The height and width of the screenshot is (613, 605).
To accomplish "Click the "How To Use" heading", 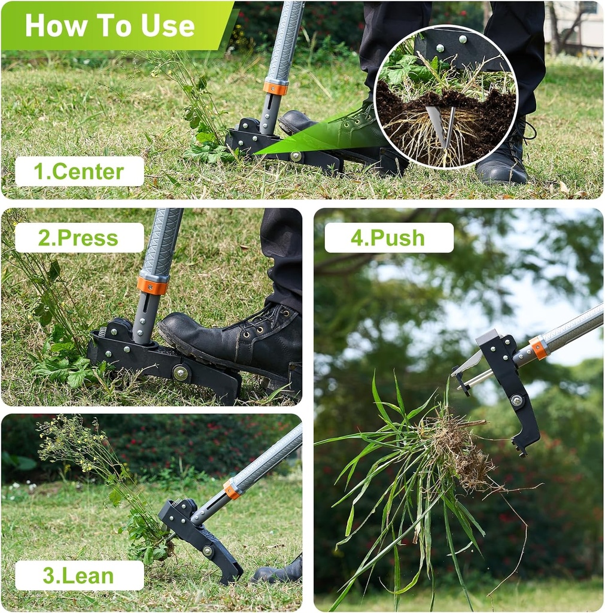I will pyautogui.click(x=110, y=26).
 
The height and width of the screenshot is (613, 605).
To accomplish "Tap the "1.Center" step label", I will pyautogui.click(x=79, y=172).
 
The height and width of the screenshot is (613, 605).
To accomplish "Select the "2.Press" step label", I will pyautogui.click(x=78, y=238).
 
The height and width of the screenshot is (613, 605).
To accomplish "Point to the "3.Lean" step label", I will pyautogui.click(x=78, y=575).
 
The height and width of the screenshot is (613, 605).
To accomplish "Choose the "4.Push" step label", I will pyautogui.click(x=388, y=238).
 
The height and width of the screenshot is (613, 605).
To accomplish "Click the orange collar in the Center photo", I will pyautogui.click(x=275, y=87).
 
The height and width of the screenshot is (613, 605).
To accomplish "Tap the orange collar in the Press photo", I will pyautogui.click(x=152, y=285).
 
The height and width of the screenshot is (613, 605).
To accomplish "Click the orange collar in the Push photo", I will pyautogui.click(x=538, y=348).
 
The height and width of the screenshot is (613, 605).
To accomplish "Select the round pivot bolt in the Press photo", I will pyautogui.click(x=180, y=373).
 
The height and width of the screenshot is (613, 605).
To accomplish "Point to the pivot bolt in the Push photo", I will pyautogui.click(x=516, y=400).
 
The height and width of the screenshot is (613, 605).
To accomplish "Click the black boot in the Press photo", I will pyautogui.click(x=239, y=341).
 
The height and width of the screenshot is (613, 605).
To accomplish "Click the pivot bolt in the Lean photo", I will pyautogui.click(x=208, y=550).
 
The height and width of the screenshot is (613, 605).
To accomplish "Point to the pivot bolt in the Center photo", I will pyautogui.click(x=296, y=156).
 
